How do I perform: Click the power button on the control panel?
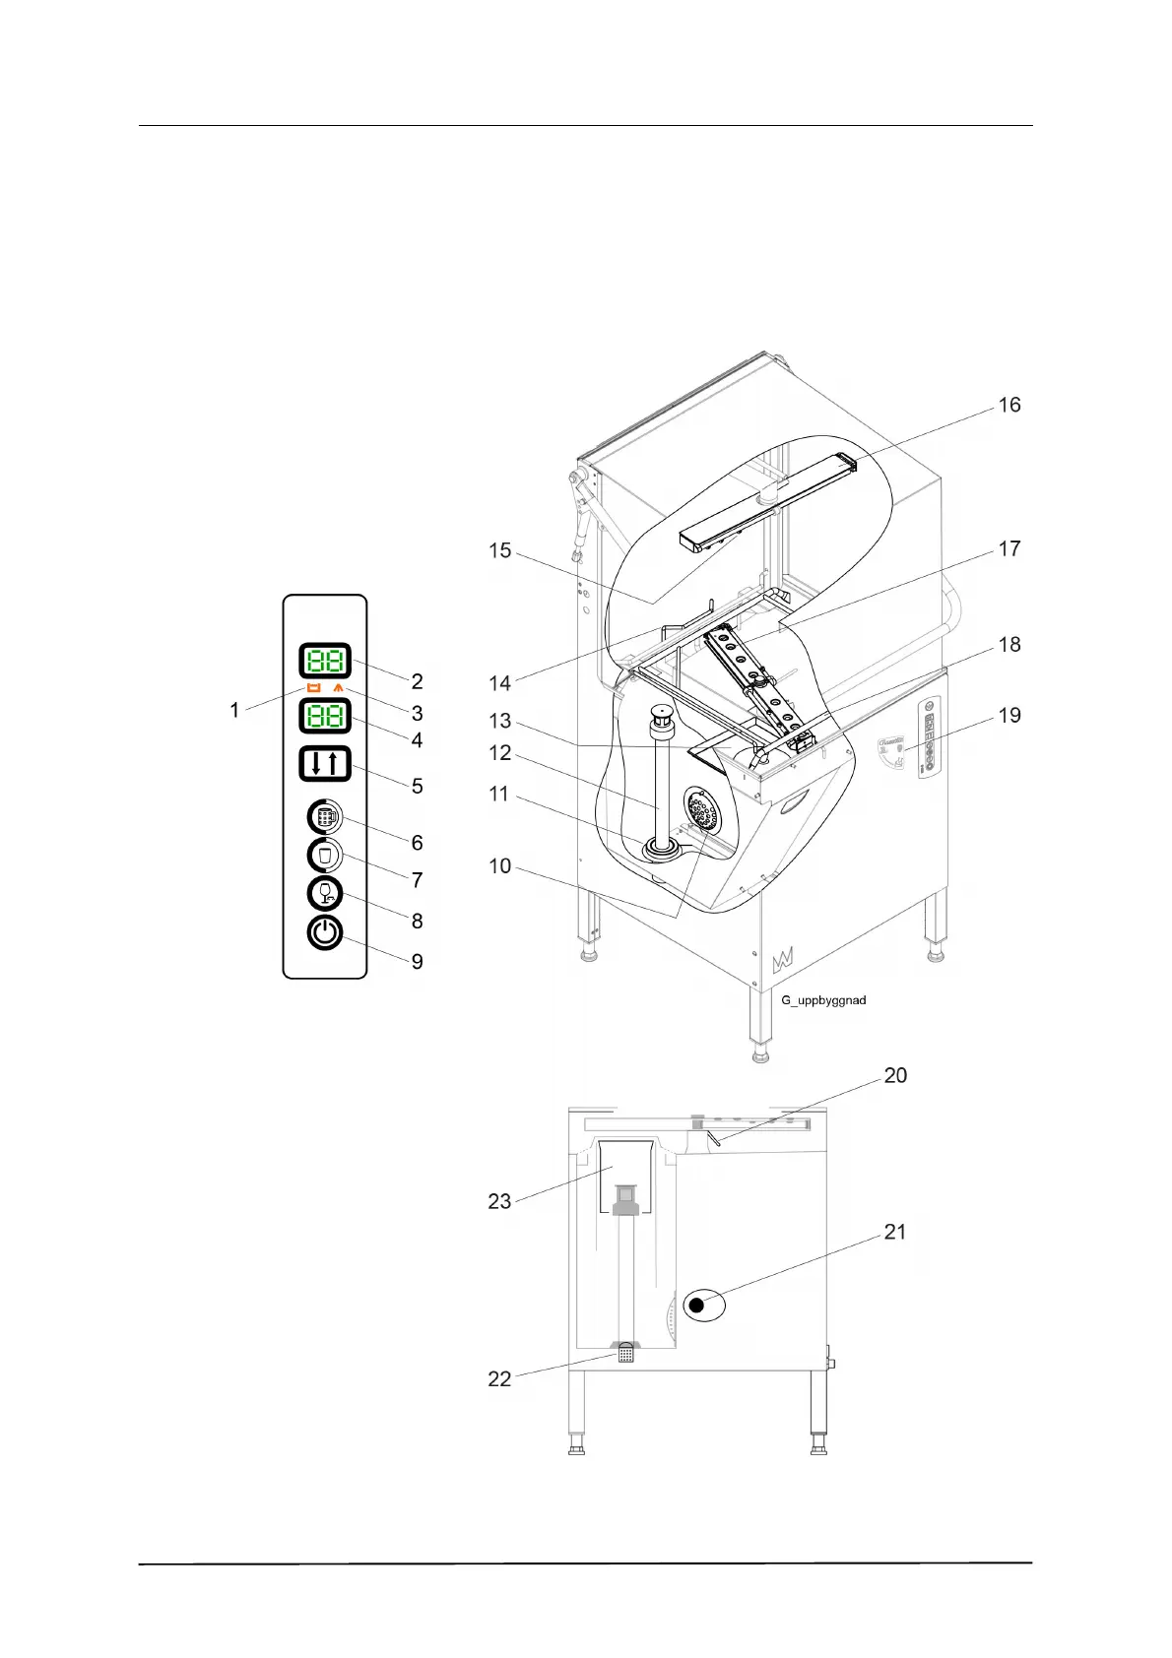(324, 932)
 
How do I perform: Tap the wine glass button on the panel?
(324, 893)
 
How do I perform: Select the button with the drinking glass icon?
(324, 856)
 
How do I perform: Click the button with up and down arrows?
(324, 764)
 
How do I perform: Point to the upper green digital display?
(324, 661)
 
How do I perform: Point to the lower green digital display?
(324, 716)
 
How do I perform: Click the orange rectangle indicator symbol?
(314, 688)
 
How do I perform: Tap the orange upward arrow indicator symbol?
(339, 688)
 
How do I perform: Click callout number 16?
(1009, 405)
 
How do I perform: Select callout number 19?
(1009, 715)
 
